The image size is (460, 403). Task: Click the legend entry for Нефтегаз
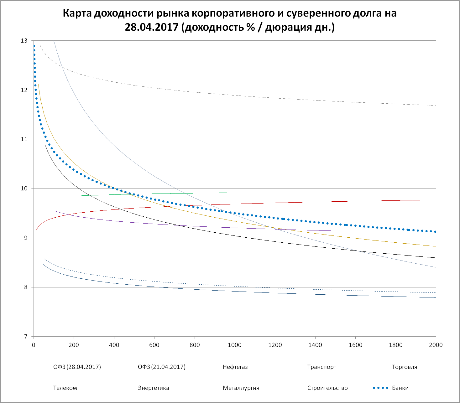coord(235,367)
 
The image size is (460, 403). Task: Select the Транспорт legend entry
coord(321,367)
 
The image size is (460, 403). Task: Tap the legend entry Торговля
coord(404,367)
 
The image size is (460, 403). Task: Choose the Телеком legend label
coord(65,388)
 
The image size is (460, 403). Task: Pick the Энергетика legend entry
coord(153,388)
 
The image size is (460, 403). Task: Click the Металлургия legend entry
coord(241,388)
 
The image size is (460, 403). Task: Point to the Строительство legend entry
coord(327,388)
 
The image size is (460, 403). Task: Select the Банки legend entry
coord(400,388)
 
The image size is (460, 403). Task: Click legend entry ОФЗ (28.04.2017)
coord(77,367)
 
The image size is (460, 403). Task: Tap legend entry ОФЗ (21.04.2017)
coord(162,367)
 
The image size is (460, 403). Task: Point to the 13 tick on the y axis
coord(24,41)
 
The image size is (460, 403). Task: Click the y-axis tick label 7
coord(25,337)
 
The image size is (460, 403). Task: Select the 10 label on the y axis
coord(24,189)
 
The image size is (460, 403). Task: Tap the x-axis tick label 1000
coord(235,345)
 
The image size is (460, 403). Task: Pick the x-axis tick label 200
coord(74,345)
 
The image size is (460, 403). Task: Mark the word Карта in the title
coord(77,13)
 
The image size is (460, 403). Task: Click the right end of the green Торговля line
coord(227,193)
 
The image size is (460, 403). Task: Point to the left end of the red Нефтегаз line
coord(36,231)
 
